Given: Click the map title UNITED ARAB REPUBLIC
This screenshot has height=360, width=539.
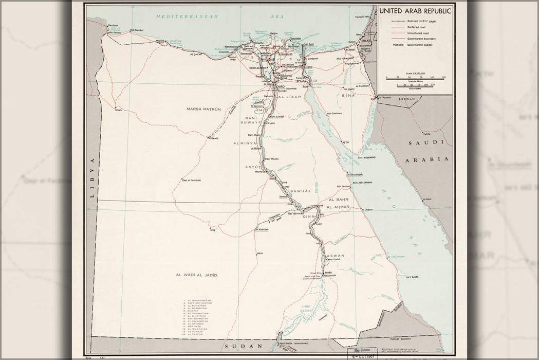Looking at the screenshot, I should point(415,11).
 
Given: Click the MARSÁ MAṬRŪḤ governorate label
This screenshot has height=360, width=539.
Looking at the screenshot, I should point(203,109).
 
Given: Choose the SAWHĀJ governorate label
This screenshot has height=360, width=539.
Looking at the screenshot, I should point(301,191).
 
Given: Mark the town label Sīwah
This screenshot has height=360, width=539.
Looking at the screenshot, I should point(119,110).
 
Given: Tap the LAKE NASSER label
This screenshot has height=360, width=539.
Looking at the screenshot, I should point(306,308).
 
